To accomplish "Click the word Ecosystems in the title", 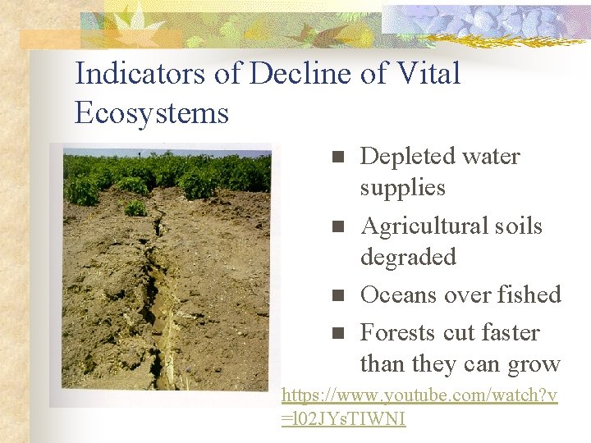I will click(151, 113).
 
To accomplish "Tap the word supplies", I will click(402, 188).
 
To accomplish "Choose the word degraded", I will click(408, 258).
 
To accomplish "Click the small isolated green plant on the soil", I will click(135, 208).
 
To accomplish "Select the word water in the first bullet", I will click(490, 156).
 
